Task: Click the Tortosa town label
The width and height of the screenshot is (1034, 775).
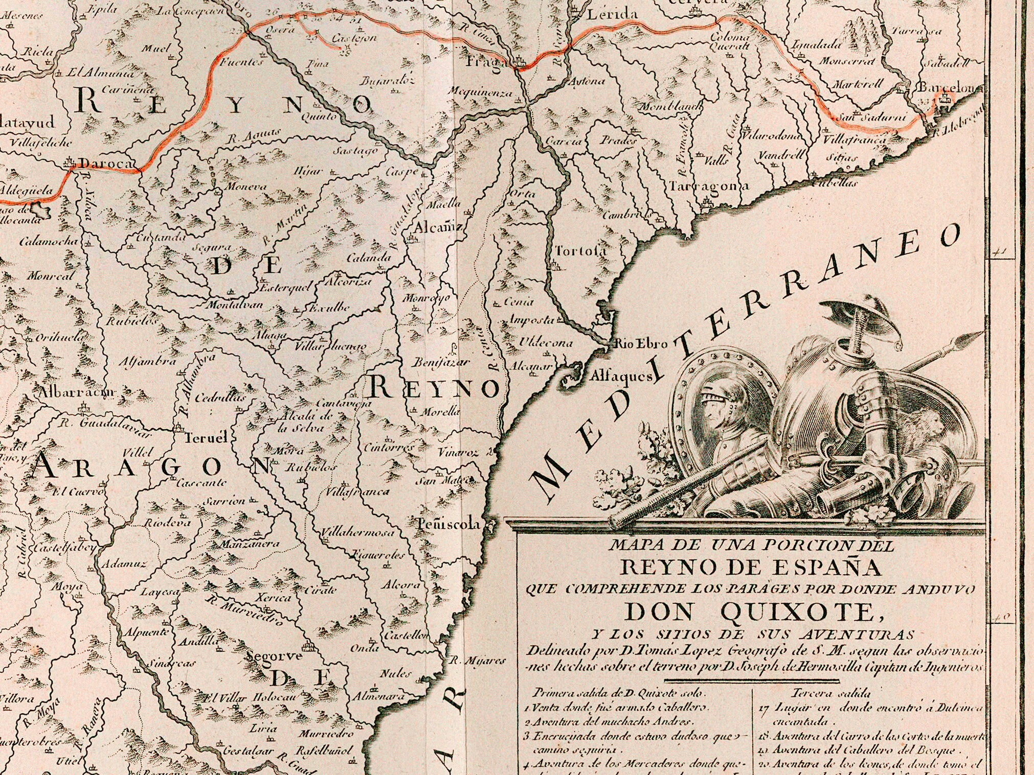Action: coord(581,251)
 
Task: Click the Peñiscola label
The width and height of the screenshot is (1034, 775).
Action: coord(449,524)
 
